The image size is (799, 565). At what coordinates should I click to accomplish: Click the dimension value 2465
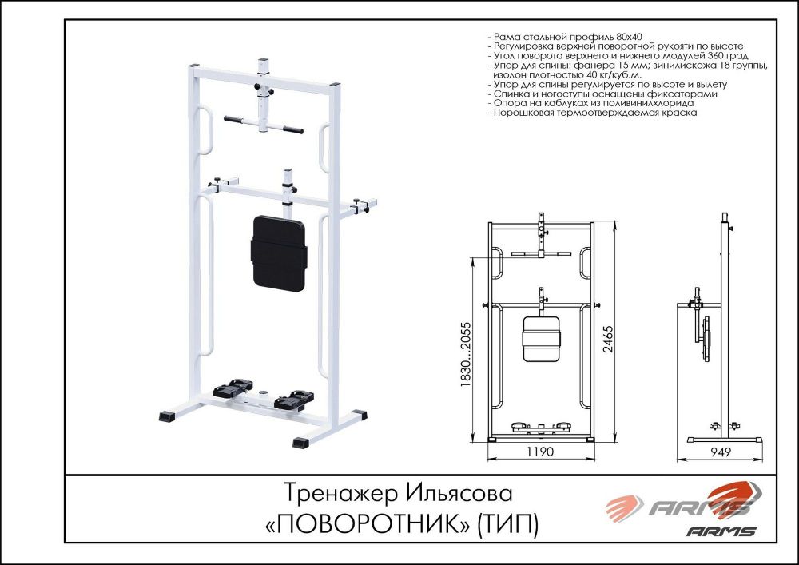pos(608,332)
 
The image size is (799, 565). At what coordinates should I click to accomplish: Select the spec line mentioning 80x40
pos(568,38)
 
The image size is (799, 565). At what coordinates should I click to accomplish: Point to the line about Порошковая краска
pos(595,113)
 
